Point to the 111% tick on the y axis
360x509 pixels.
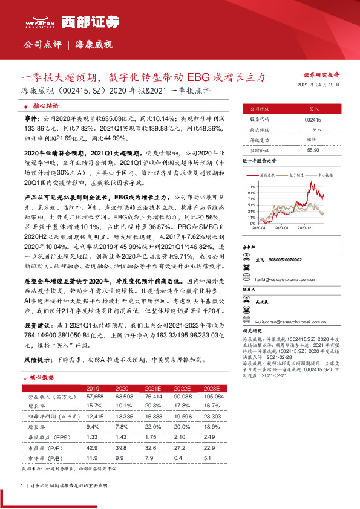click(251, 187)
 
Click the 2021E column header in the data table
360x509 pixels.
click(153, 387)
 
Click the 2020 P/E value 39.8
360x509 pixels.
click(123, 447)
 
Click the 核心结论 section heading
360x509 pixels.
click(46, 105)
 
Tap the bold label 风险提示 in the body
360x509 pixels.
click(38, 358)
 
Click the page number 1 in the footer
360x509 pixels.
click(22, 486)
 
